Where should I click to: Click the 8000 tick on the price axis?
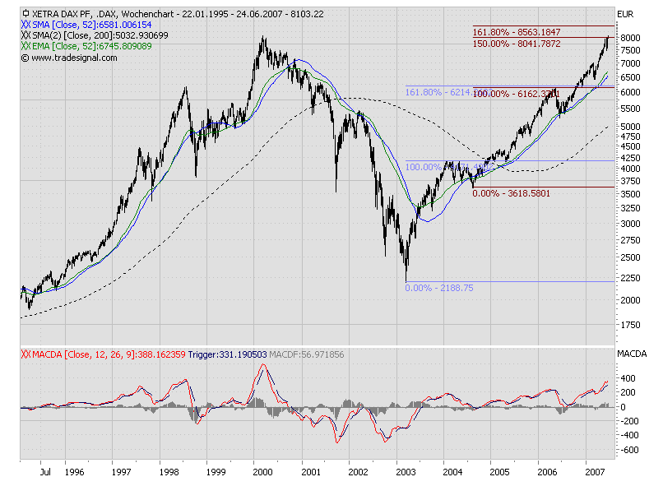629,38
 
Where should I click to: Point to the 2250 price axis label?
629,277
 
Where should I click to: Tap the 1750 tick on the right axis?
629,325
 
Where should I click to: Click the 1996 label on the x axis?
74,473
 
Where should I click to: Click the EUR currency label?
627,14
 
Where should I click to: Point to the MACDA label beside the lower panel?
633,354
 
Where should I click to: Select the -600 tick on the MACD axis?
628,451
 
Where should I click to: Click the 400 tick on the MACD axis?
628,377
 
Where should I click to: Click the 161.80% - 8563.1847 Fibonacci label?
517,32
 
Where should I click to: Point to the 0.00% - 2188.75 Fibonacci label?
438,288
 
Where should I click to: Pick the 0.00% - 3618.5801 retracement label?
512,192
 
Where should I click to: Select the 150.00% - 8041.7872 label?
517,43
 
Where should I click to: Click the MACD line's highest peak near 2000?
263,364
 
